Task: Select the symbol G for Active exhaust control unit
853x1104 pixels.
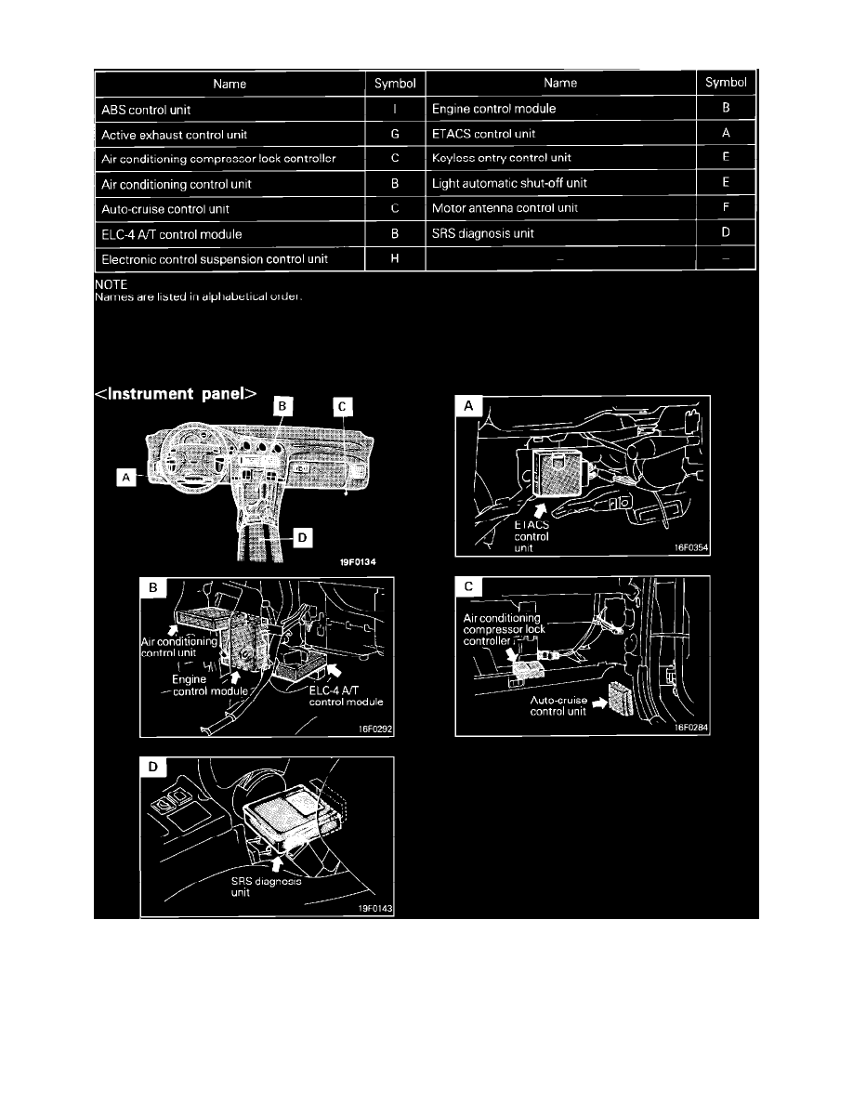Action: click(395, 134)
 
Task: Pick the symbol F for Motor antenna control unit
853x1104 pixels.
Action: click(725, 207)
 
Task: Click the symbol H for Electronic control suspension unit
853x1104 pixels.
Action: click(395, 257)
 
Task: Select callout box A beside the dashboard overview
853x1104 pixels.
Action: click(121, 477)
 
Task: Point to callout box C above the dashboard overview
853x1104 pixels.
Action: click(344, 406)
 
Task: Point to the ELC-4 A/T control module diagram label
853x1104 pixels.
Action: click(346, 695)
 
